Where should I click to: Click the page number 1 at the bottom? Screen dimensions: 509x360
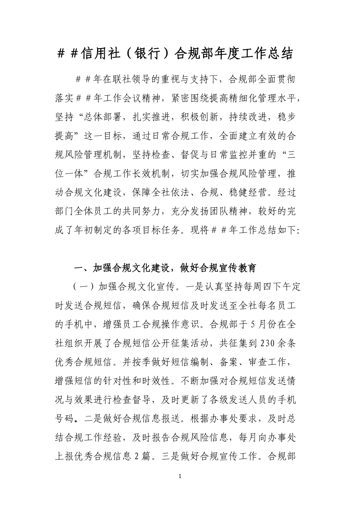point(180,476)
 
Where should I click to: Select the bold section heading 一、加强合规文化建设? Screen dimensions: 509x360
point(121,268)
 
